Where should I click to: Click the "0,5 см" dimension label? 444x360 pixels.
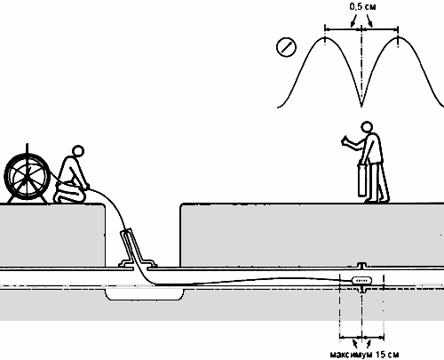click(362, 7)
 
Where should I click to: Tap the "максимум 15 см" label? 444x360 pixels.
click(365, 355)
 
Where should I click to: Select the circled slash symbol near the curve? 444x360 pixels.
click(286, 47)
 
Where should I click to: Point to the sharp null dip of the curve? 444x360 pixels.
click(361, 106)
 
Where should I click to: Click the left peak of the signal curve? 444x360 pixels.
click(325, 38)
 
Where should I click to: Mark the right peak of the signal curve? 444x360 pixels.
click(398, 37)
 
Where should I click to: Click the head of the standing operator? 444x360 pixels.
click(367, 127)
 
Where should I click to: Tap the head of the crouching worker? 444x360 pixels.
click(78, 151)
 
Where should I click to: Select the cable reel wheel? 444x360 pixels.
click(27, 177)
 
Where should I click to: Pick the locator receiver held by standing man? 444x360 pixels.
click(362, 180)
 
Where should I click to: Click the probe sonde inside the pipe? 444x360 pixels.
click(361, 280)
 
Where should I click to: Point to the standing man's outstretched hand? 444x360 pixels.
click(346, 140)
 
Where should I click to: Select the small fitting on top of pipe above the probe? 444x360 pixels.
click(361, 265)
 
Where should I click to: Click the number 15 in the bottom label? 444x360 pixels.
click(380, 355)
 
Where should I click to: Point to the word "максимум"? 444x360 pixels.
click(352, 355)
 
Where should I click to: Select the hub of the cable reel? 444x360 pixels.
click(27, 177)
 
